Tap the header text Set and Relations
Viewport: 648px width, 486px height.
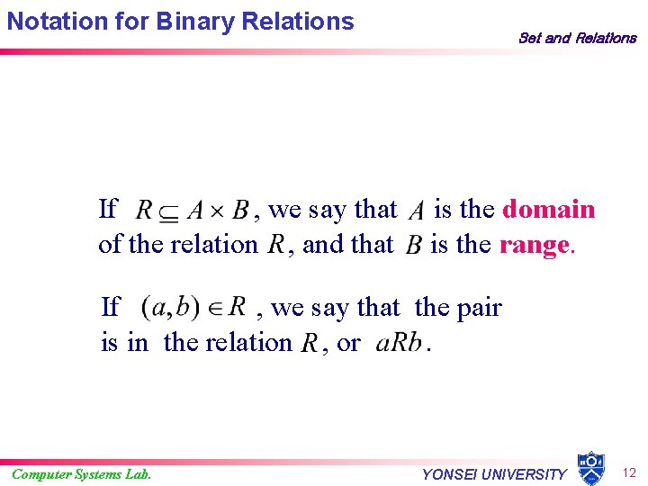[577, 38]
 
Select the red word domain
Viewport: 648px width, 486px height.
[548, 210]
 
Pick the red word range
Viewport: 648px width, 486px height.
[534, 244]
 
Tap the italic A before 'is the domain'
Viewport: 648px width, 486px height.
[416, 211]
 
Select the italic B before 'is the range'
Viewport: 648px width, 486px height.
[414, 246]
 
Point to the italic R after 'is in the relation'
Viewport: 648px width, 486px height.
[309, 344]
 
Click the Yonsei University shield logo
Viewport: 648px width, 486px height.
[590, 467]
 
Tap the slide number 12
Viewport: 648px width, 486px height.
[629, 472]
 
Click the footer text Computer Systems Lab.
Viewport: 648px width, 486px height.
[82, 473]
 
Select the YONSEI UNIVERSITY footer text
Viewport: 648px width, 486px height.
[494, 474]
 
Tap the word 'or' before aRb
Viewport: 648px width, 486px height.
[347, 343]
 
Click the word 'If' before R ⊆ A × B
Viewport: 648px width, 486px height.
[107, 210]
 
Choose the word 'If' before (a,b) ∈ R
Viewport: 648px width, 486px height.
[111, 308]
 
